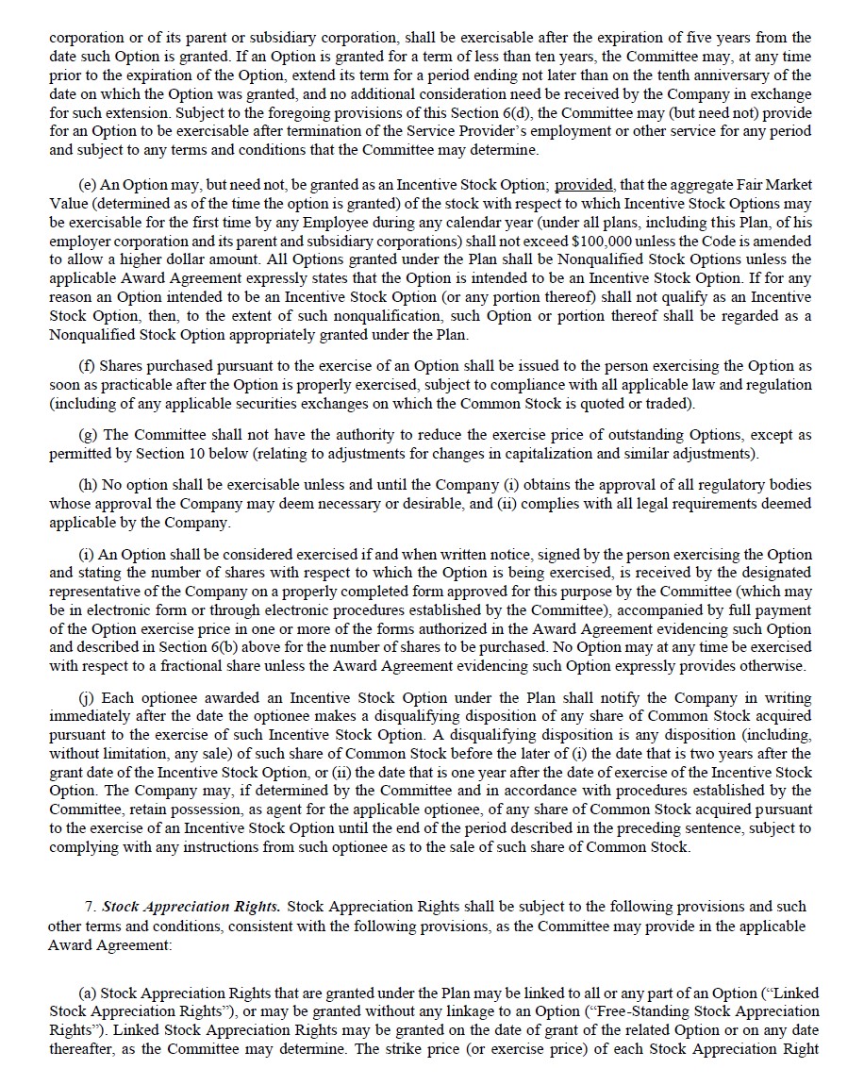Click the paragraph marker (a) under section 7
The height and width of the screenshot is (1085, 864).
88,993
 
